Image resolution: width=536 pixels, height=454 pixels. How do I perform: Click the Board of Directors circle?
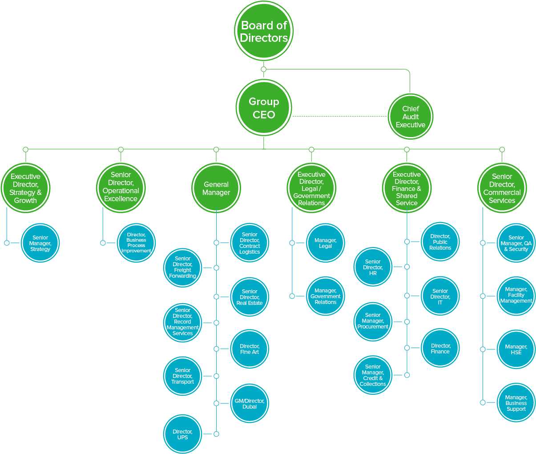[264, 31]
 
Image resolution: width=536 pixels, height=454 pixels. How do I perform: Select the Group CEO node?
[264, 108]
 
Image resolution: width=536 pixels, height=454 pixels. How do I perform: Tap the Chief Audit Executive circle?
[410, 117]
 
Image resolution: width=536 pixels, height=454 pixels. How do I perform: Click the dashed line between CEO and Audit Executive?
[340, 116]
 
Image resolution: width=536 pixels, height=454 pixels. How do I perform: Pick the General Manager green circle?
[216, 188]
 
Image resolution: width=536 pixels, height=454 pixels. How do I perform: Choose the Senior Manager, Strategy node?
[40, 243]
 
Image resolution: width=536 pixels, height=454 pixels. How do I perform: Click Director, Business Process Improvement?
[136, 243]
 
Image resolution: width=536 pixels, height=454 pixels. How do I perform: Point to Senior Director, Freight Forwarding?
[182, 268]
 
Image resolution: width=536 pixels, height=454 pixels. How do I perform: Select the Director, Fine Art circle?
[249, 349]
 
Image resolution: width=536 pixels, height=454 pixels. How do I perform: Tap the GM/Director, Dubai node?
[249, 403]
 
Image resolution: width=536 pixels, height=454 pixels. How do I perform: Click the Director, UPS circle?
[182, 434]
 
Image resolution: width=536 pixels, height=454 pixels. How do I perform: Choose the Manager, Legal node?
[325, 243]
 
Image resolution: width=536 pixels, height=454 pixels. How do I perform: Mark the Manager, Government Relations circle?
[325, 296]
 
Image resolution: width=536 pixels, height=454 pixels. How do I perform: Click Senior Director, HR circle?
[373, 268]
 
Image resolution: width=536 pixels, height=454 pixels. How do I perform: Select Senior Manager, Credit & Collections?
[373, 375]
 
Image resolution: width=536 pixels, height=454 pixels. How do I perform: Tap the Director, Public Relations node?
[440, 242]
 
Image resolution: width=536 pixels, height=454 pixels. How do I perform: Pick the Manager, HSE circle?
[516, 349]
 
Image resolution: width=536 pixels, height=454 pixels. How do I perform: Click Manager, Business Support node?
[516, 403]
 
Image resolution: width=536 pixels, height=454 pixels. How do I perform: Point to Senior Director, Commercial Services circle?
[502, 188]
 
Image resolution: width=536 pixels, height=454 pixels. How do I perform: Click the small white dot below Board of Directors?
[264, 69]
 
